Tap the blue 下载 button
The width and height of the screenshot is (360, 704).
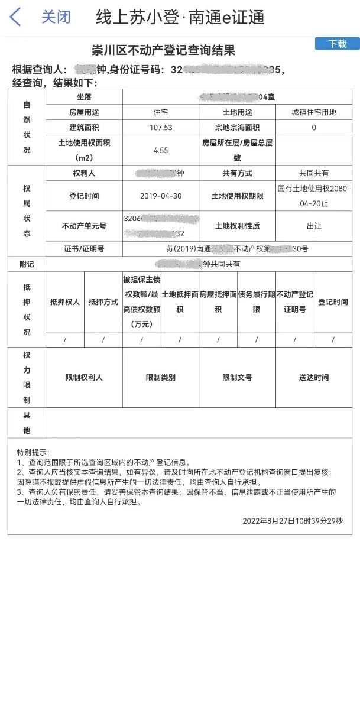click(338, 44)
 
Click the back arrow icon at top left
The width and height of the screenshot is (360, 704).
click(15, 17)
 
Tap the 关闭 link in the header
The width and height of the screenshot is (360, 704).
click(56, 17)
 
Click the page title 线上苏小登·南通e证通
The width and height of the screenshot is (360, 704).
click(180, 17)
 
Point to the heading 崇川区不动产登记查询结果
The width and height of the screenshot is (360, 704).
click(164, 50)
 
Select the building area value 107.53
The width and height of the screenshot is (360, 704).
click(161, 128)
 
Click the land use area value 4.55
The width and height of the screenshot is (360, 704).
click(161, 151)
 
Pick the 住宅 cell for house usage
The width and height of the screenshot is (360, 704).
click(161, 112)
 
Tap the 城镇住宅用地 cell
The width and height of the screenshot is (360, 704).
click(314, 112)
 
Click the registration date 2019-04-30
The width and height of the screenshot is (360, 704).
click(161, 196)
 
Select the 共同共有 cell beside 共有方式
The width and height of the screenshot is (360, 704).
click(314, 173)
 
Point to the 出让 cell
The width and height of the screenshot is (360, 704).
click(314, 226)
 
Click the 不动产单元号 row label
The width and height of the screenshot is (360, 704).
click(84, 226)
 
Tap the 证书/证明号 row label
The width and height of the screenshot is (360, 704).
click(84, 249)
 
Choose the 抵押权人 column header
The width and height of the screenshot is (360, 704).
click(65, 302)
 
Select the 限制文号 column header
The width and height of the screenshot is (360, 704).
click(237, 378)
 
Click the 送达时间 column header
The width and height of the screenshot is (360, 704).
click(314, 378)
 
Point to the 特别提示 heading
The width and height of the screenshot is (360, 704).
click(33, 452)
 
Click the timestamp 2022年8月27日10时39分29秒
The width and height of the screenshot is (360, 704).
click(292, 521)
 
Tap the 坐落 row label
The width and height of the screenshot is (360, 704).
click(84, 96)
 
